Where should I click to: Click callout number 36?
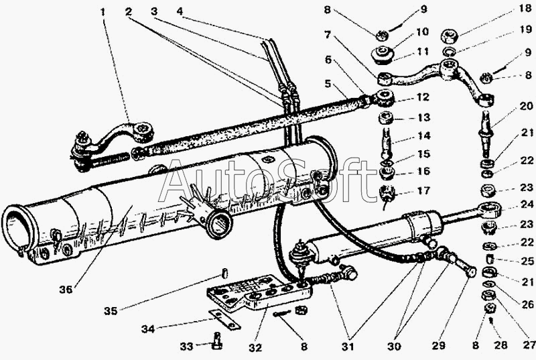(x=66, y=290)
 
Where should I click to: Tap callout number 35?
(x=111, y=311)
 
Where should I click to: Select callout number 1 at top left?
(x=103, y=13)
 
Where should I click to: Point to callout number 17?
(x=424, y=190)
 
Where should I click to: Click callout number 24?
(x=527, y=204)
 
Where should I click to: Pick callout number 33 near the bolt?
(x=187, y=347)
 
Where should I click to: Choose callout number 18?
(x=525, y=9)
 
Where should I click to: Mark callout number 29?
(x=439, y=346)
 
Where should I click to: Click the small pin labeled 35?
(x=225, y=274)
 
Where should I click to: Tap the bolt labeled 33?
(x=216, y=341)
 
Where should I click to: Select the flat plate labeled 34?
(x=224, y=320)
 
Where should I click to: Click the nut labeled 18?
(x=449, y=36)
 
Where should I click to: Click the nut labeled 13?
(x=387, y=118)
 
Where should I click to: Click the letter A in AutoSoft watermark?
(x=177, y=181)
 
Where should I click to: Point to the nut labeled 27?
(x=487, y=295)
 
